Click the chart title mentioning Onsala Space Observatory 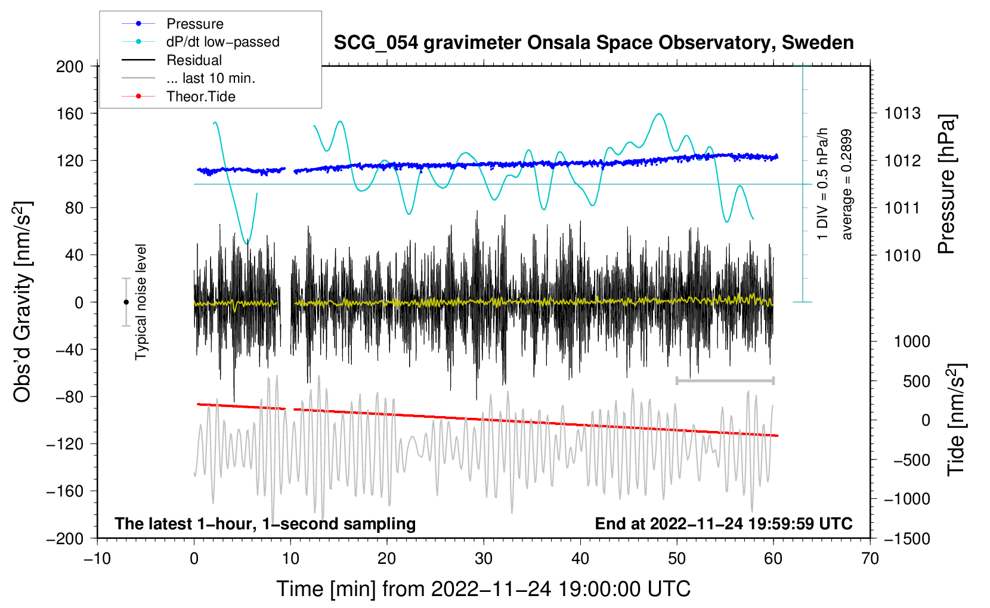(593, 43)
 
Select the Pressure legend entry (194, 24)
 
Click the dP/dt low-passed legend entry (222, 42)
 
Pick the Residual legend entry (194, 60)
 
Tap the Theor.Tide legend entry (200, 97)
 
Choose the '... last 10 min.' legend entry (211, 78)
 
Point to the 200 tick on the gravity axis (70, 66)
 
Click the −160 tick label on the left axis (66, 491)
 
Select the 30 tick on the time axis (484, 559)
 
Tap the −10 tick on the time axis (97, 559)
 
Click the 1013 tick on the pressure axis (902, 113)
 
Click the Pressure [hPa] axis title (946, 185)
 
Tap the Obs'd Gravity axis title (23, 302)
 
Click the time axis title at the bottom (484, 589)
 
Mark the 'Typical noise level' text (141, 302)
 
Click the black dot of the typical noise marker (126, 302)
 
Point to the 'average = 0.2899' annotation (846, 185)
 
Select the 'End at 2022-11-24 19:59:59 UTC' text (723, 524)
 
